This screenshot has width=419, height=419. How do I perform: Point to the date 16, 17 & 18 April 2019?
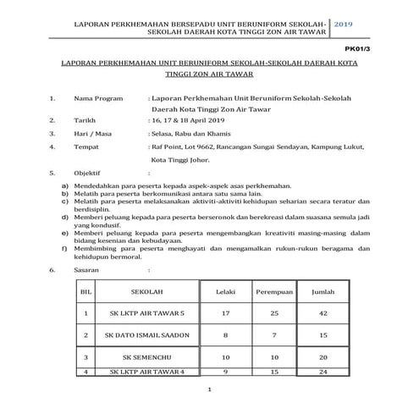[x=189, y=121]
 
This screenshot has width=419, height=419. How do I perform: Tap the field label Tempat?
[x=88, y=146]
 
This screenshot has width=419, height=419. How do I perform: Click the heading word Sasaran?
[x=88, y=271]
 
